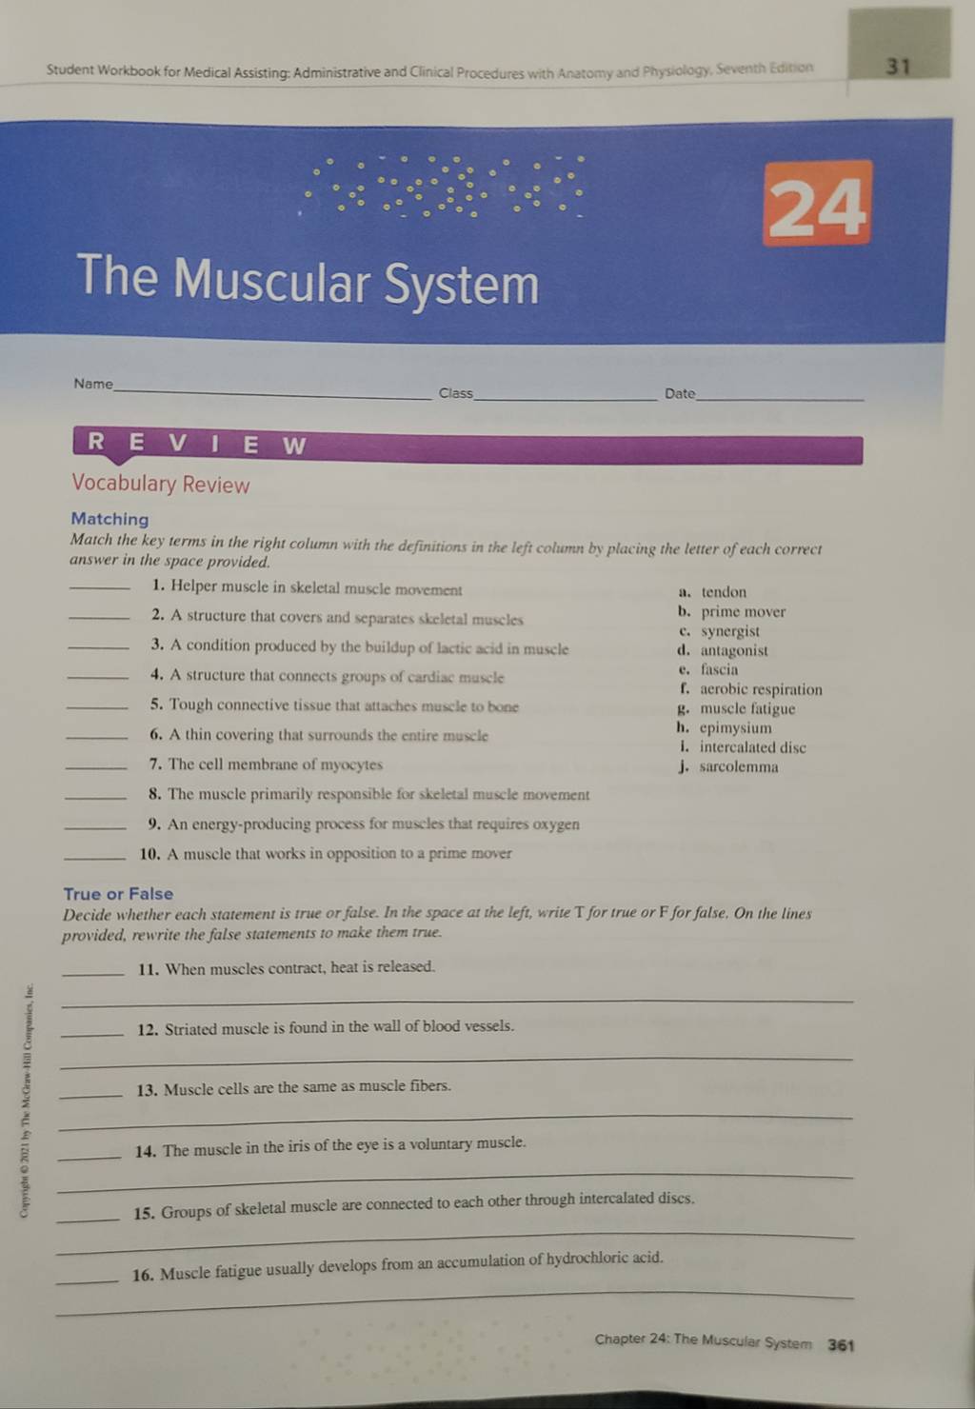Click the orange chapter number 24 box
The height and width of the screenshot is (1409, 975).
click(x=817, y=203)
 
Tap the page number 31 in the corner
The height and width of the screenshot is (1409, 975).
click(x=898, y=66)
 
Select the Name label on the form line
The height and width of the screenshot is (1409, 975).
click(x=93, y=384)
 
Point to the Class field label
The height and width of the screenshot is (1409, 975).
click(x=455, y=393)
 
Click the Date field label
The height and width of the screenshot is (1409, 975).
click(x=680, y=394)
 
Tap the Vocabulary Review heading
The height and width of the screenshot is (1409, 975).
click(x=160, y=484)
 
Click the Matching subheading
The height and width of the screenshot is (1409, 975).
click(x=109, y=519)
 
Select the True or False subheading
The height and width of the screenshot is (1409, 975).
click(x=118, y=894)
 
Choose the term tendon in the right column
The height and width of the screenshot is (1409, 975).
click(x=724, y=592)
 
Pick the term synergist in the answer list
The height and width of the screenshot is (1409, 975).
click(x=730, y=631)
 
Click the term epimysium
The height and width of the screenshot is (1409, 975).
click(x=735, y=727)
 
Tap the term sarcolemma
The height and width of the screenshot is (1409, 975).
click(x=739, y=766)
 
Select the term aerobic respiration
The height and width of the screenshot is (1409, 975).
click(x=761, y=689)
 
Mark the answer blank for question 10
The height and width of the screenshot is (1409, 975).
click(x=95, y=858)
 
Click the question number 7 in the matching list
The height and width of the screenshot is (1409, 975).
click(x=155, y=764)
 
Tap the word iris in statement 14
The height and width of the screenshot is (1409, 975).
click(x=296, y=1146)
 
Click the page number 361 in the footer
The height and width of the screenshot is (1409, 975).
click(x=841, y=1345)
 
